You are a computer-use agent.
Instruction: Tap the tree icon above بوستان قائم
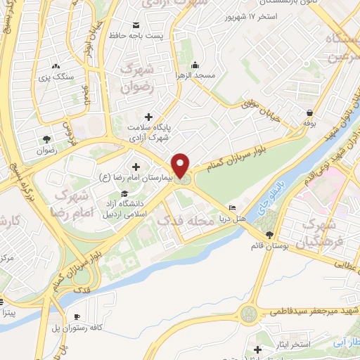269,235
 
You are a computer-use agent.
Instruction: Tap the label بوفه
310,122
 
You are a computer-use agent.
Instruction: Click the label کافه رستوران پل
86,328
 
